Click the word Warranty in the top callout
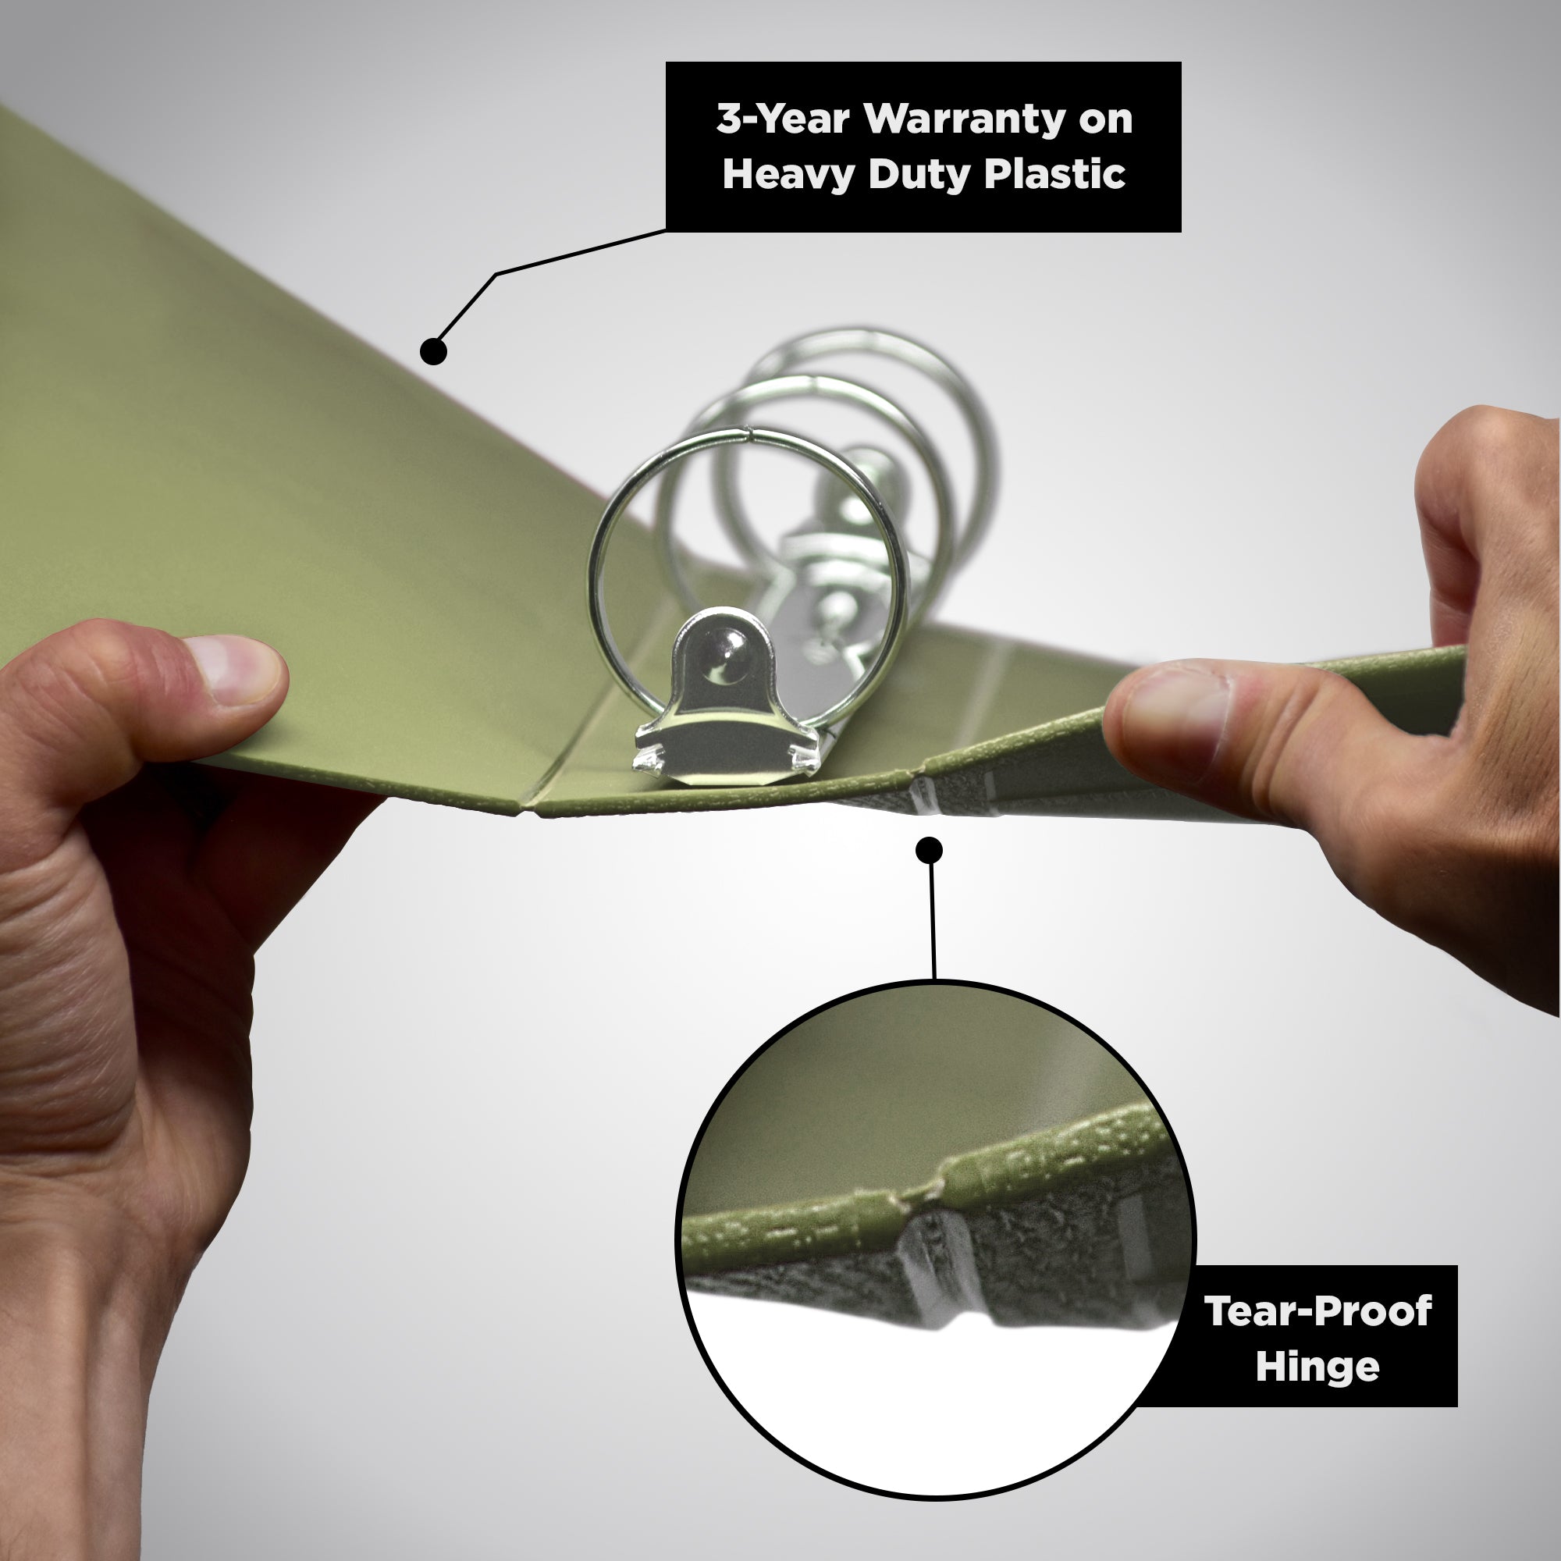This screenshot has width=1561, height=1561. tap(964, 119)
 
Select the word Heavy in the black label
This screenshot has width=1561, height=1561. tap(787, 175)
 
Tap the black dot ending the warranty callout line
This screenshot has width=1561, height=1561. tap(434, 350)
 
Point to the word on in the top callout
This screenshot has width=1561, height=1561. tap(1105, 120)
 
